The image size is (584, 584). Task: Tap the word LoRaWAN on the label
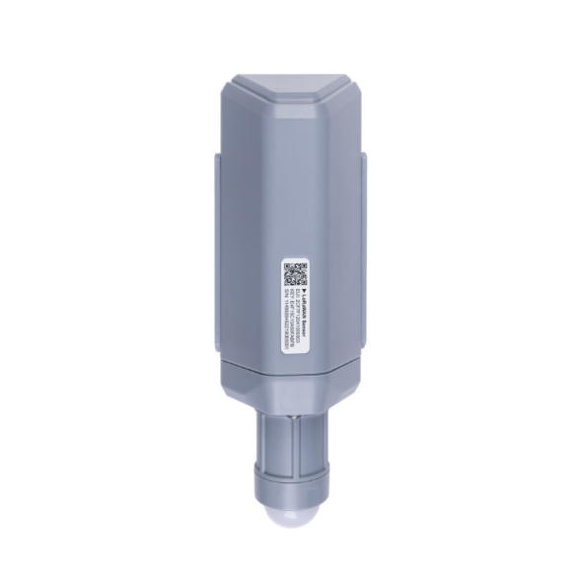(x=304, y=305)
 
